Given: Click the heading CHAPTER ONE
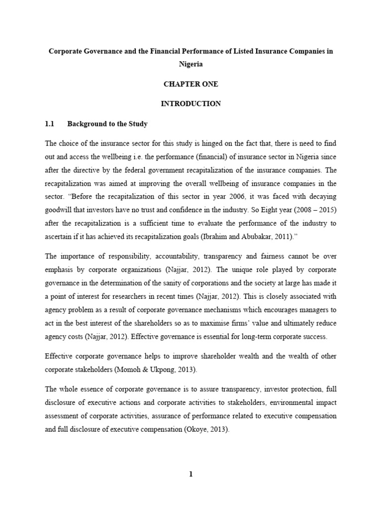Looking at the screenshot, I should pyautogui.click(x=191, y=84).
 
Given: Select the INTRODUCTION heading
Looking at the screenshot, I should pyautogui.click(x=191, y=104).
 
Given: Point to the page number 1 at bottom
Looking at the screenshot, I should pyautogui.click(x=191, y=475).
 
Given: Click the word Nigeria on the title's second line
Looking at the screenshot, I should pyautogui.click(x=191, y=64).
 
